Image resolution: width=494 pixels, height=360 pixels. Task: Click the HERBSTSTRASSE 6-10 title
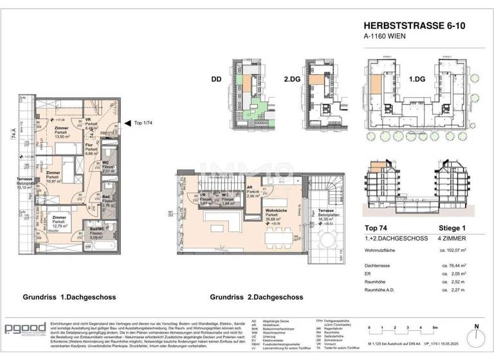pos(411,26)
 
